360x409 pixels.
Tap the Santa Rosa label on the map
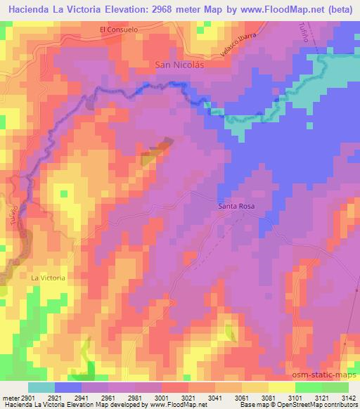coord(236,206)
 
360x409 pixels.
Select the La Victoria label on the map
coord(48,278)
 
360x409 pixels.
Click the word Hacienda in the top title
coord(30,10)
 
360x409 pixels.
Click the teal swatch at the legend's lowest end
coord(41,387)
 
